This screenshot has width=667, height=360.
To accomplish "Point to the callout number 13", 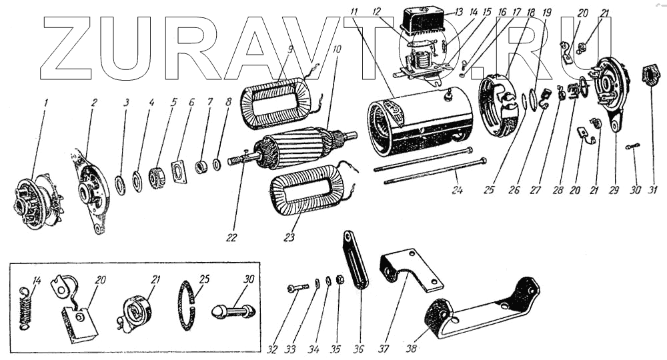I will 458,12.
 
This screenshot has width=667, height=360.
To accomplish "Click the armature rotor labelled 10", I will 300,145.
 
